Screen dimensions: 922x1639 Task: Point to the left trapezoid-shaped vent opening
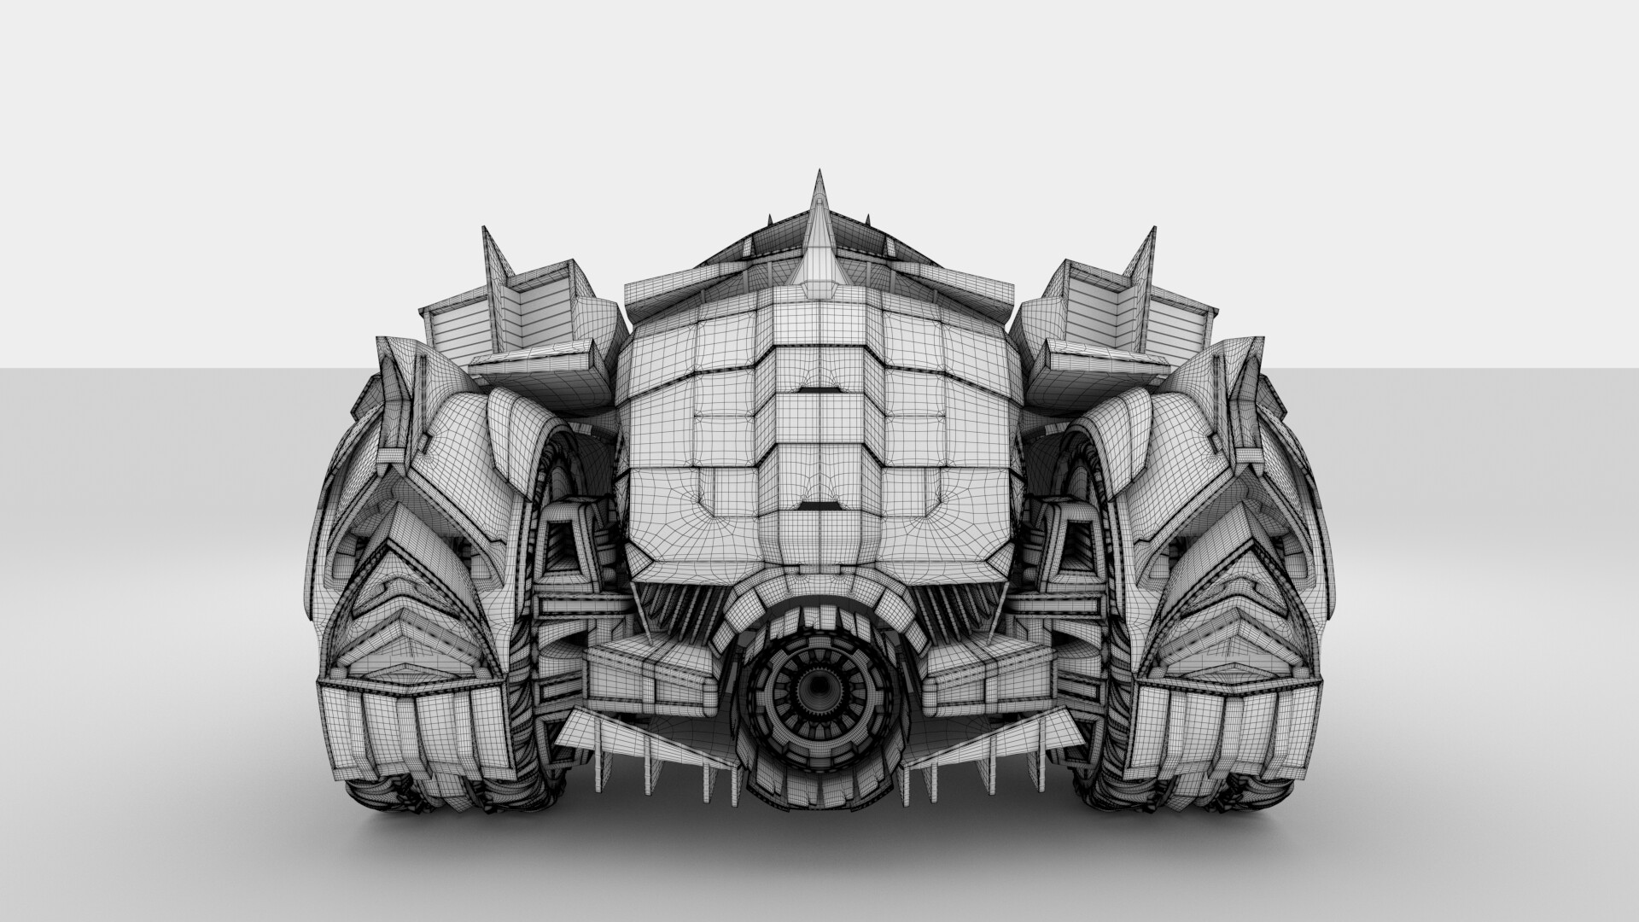(x=563, y=547)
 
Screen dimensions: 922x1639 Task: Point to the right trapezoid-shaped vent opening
(x=1075, y=547)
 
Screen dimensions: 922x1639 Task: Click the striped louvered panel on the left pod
(x=459, y=328)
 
